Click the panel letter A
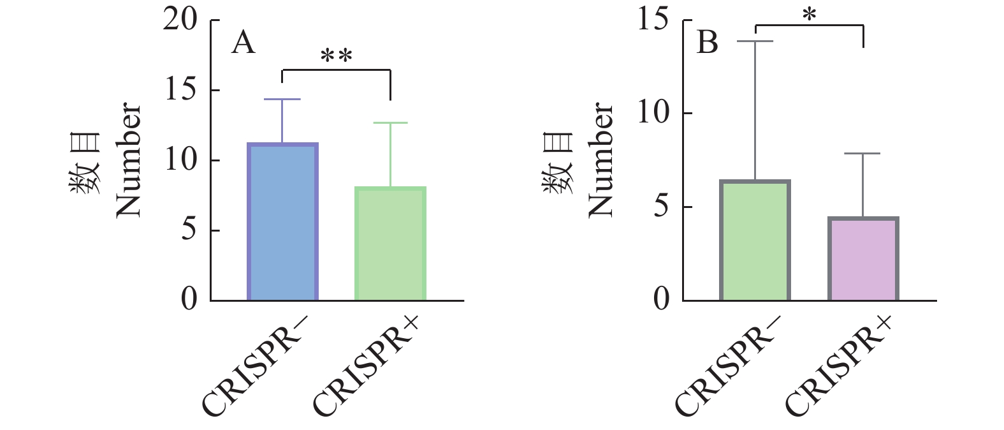[x=243, y=43]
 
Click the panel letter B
[x=707, y=43]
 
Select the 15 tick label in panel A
[x=181, y=89]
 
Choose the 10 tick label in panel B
[x=653, y=113]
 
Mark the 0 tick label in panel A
[x=189, y=299]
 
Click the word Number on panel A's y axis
[x=128, y=159]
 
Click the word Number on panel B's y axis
[x=600, y=159]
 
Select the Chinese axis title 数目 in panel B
[x=558, y=163]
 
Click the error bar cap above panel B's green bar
[x=755, y=41]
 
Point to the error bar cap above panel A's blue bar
[x=282, y=100]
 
